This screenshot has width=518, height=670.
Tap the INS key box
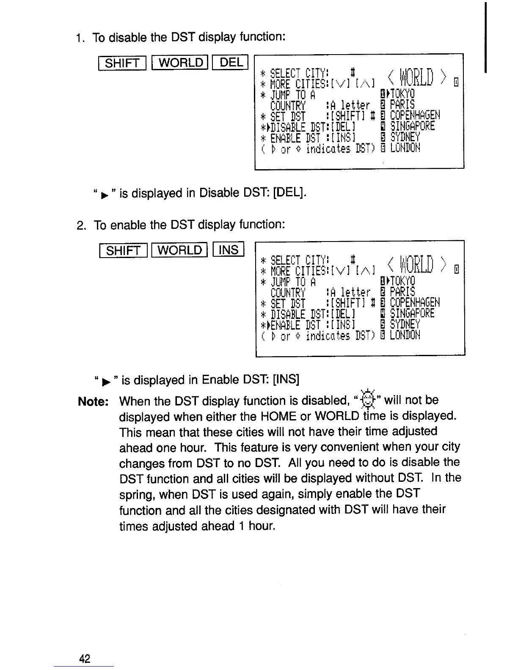tap(228, 250)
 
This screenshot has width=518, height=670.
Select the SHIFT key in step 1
tap(122, 63)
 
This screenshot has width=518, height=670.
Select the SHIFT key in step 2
tap(123, 250)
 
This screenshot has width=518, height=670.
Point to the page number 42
tap(85, 659)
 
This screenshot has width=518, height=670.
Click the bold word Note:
tap(94, 401)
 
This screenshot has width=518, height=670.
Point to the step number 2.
tap(81, 225)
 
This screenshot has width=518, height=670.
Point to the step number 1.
tap(79, 38)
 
